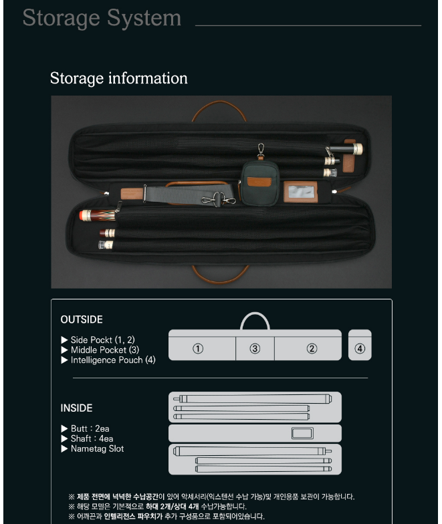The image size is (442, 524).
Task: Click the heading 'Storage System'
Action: [x=102, y=18]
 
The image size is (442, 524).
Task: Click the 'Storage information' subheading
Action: [x=118, y=78]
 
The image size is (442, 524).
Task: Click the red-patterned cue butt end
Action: [x=98, y=215]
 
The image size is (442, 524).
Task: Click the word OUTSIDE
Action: [x=82, y=319]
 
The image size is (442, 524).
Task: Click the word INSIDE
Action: [x=76, y=408]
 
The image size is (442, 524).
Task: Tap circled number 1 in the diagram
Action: [x=198, y=349]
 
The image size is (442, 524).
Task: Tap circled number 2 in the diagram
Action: [x=312, y=349]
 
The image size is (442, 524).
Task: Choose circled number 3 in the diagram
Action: [x=255, y=349]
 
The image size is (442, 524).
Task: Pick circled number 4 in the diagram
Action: [x=360, y=349]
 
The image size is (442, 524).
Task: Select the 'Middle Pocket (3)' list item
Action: [x=105, y=350]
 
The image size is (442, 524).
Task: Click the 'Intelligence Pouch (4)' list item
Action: [x=113, y=360]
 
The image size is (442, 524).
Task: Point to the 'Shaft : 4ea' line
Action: [x=92, y=438]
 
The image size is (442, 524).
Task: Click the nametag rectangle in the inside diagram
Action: [x=302, y=433]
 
